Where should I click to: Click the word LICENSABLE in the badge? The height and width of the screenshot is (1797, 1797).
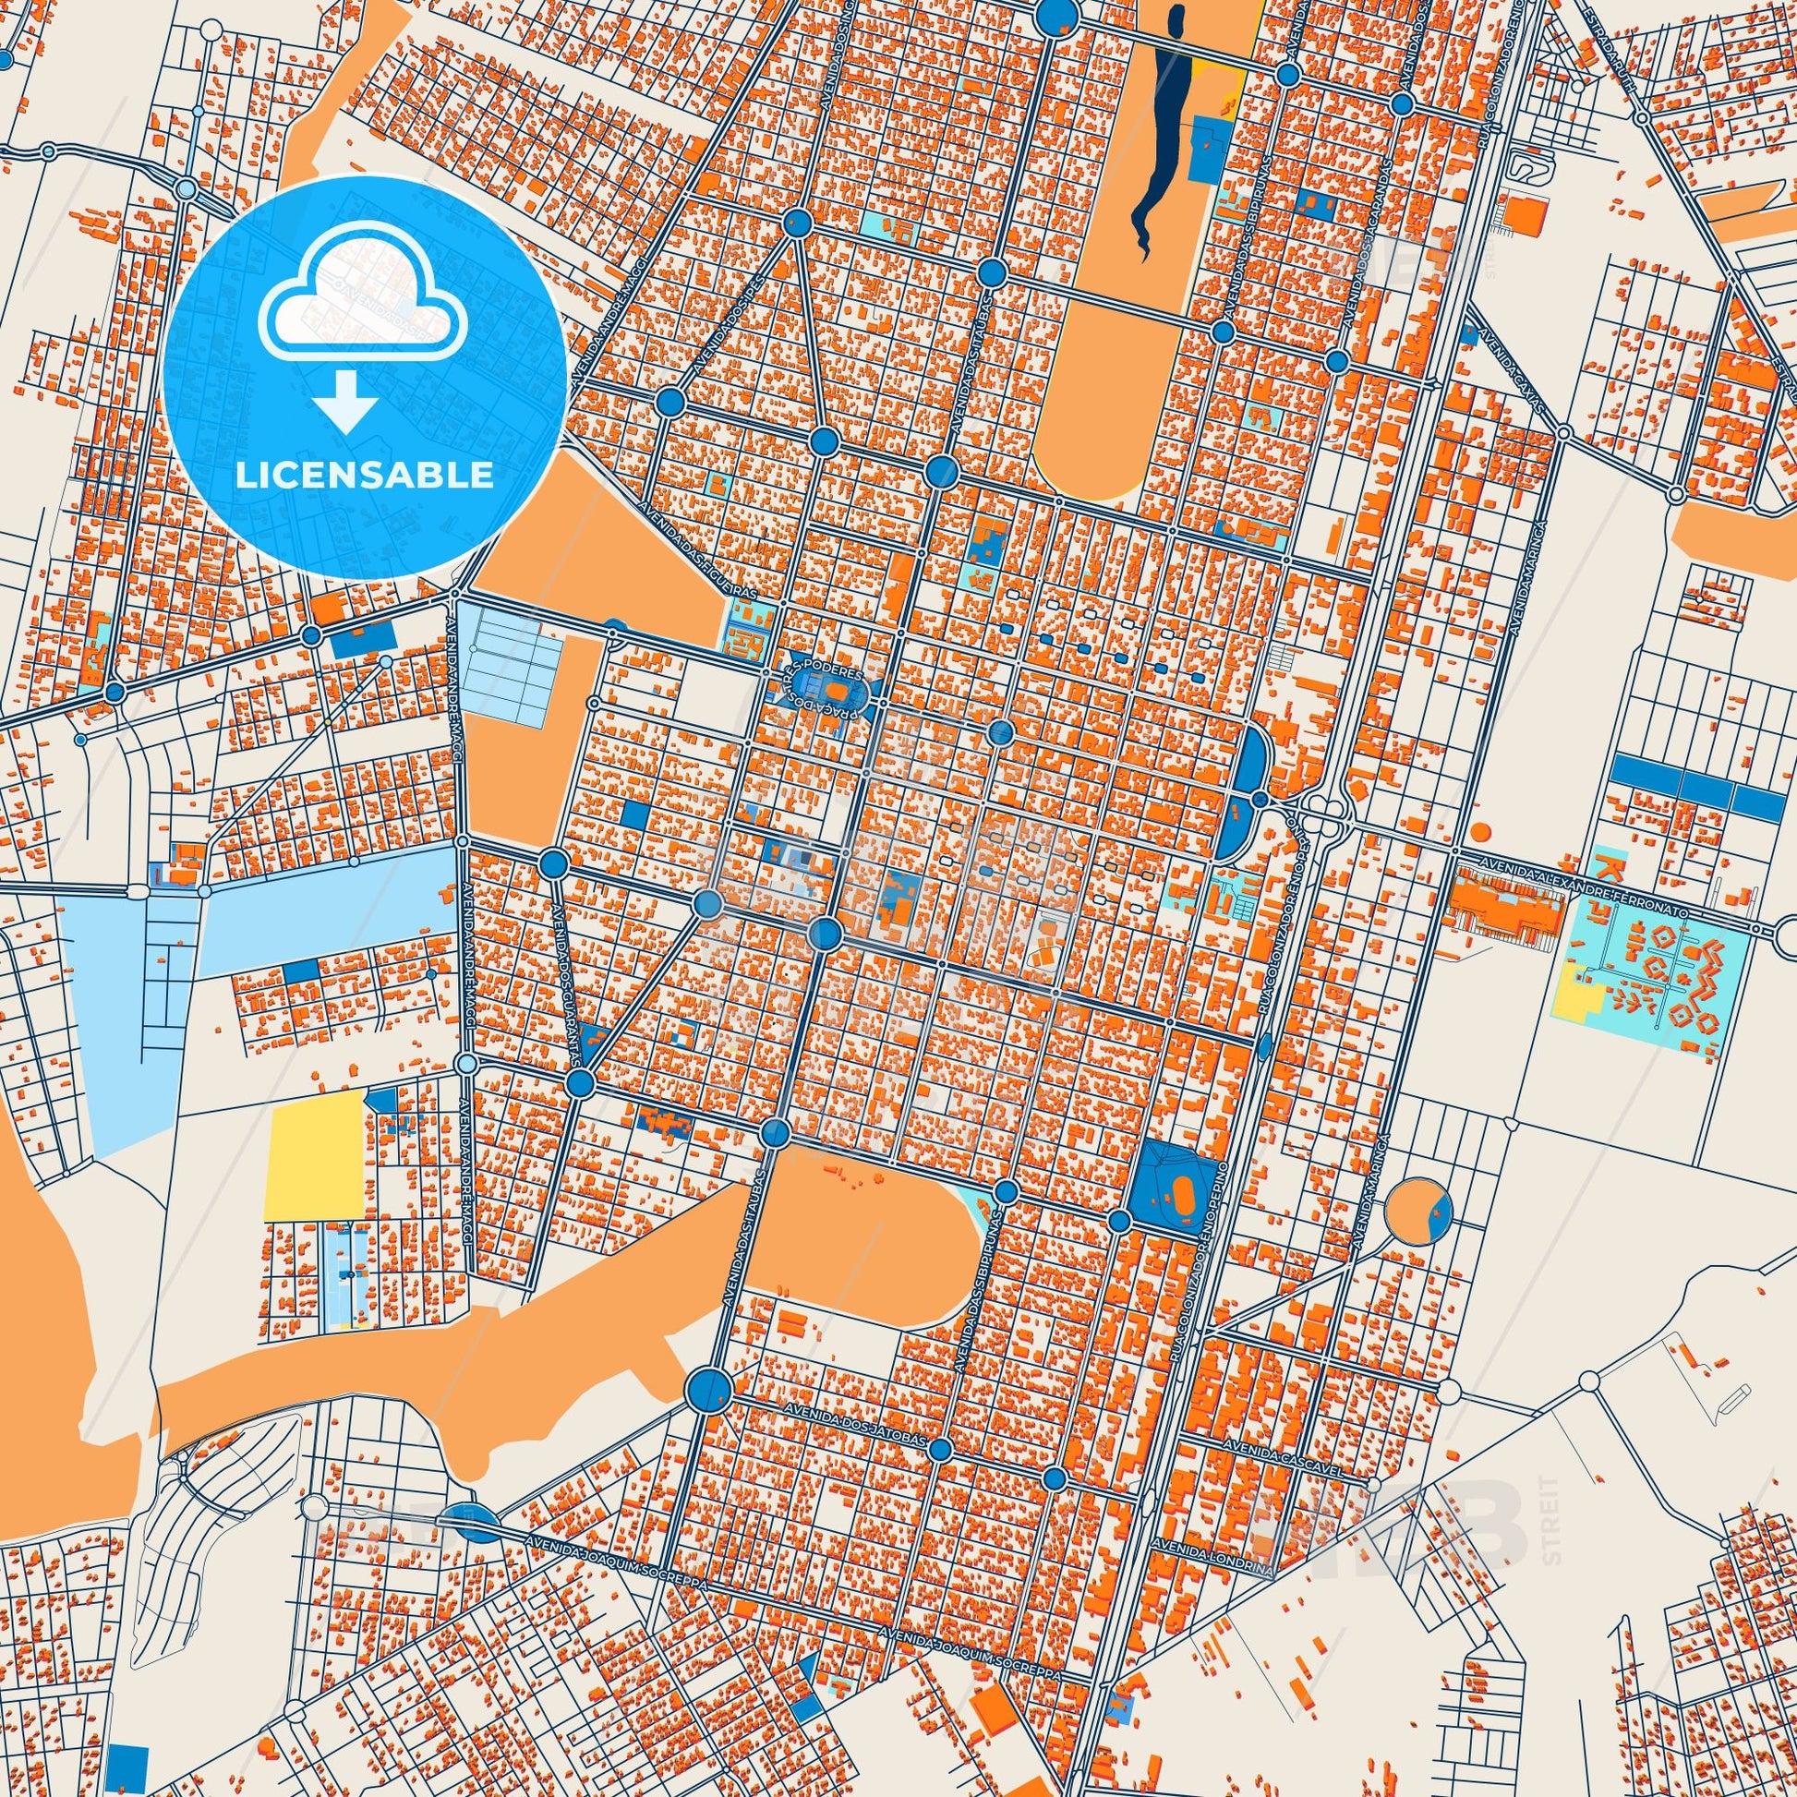(x=364, y=476)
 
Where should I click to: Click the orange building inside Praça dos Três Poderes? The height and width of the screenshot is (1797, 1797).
(x=838, y=693)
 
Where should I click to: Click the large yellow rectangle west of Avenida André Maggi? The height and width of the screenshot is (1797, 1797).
(x=314, y=1156)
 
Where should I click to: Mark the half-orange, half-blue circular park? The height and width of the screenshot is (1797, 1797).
(x=1418, y=1210)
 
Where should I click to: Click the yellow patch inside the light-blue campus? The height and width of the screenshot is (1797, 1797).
(x=1579, y=1001)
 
